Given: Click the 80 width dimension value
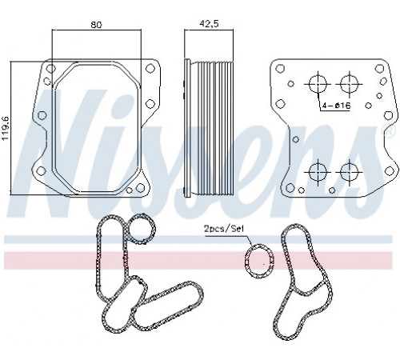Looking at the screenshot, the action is point(97,25).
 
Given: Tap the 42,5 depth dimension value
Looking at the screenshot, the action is point(209,23).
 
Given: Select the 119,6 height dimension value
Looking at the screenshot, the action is point(6,128).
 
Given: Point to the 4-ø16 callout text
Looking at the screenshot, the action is point(336,106).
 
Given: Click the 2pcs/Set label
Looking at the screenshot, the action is point(224,229).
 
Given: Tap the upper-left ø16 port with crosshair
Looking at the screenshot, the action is point(318,84).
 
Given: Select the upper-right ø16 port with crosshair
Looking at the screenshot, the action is point(350,84).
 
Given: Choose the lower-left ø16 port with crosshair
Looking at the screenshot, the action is point(318,172).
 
